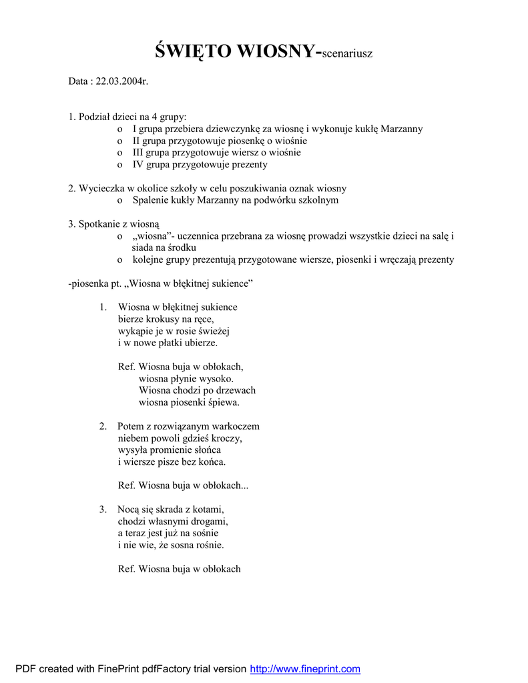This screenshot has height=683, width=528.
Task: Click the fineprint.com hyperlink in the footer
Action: (305, 669)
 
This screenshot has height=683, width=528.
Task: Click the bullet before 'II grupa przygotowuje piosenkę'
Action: (119, 141)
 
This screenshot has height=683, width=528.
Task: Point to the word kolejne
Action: (149, 259)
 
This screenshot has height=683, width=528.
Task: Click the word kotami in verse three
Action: (209, 510)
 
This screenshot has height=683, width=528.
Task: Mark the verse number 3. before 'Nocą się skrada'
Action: (103, 510)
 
